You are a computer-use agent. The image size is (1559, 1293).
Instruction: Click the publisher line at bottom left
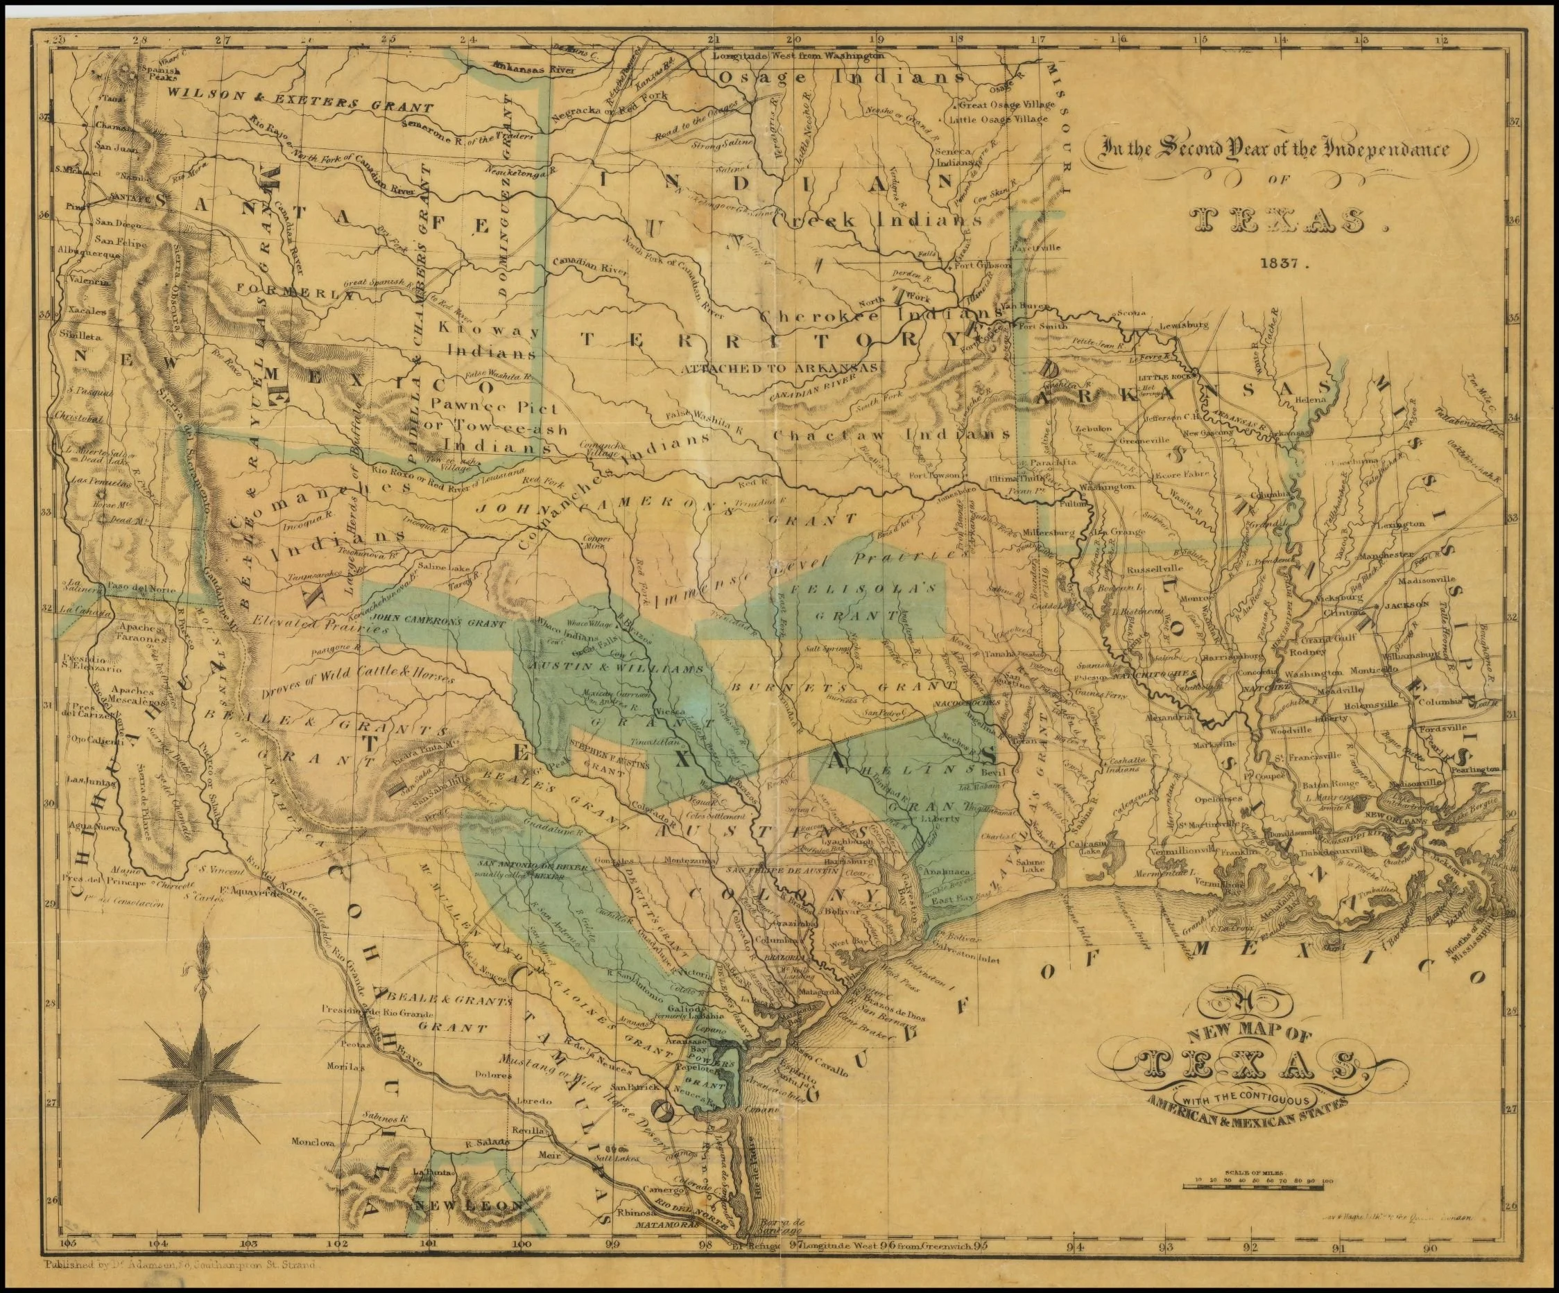tap(180, 1265)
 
